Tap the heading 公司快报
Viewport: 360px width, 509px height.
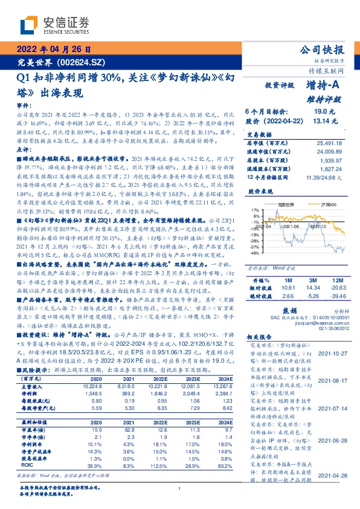[x=323, y=50]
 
